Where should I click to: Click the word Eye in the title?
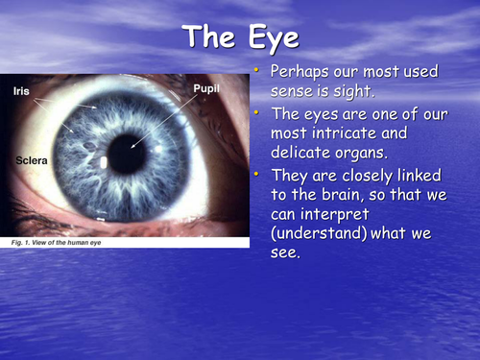tap(275, 39)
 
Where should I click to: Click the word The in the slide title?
tap(209, 38)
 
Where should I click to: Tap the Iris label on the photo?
tap(20, 92)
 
